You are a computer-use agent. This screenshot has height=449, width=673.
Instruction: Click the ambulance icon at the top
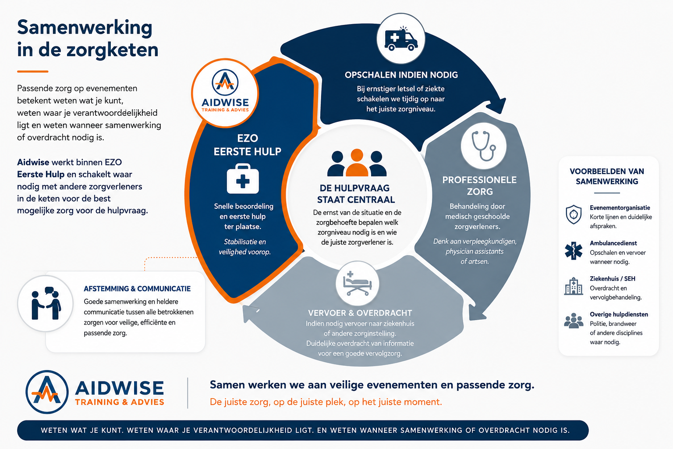click(x=401, y=39)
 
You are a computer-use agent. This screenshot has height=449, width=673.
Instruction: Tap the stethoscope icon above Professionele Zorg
click(x=483, y=146)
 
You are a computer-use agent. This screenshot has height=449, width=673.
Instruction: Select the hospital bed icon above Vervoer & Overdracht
click(x=358, y=284)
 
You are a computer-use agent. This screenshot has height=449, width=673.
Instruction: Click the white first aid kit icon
click(x=243, y=178)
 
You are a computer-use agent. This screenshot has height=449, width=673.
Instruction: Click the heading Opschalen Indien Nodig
click(x=401, y=75)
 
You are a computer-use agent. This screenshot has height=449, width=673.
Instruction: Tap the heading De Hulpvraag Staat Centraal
click(x=356, y=194)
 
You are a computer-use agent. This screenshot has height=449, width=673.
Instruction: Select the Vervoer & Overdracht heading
click(x=360, y=313)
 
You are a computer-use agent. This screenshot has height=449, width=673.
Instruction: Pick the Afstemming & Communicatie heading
click(x=137, y=289)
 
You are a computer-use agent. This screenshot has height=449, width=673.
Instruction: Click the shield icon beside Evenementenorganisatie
click(x=574, y=214)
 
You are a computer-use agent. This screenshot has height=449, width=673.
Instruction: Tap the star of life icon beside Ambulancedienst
click(x=574, y=250)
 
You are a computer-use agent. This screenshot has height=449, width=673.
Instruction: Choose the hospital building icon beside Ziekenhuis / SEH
click(x=574, y=286)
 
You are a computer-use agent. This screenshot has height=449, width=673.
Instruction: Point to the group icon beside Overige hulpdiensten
click(x=574, y=321)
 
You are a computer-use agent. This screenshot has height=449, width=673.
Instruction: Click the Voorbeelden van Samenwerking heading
click(x=607, y=176)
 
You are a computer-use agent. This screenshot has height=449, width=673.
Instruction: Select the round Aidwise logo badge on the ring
click(x=225, y=93)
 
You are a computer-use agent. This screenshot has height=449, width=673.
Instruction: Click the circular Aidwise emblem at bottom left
click(x=47, y=392)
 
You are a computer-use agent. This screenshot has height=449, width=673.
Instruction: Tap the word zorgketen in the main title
click(x=112, y=50)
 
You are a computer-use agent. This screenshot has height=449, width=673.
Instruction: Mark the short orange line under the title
click(x=33, y=71)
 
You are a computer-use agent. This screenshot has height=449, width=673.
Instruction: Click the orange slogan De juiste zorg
click(x=326, y=402)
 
